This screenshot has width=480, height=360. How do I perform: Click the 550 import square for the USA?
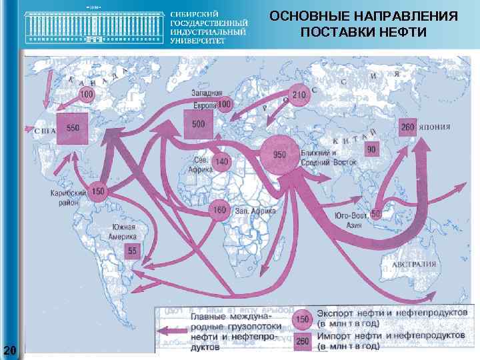click(x=72, y=128)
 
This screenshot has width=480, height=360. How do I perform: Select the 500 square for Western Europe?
click(x=199, y=124)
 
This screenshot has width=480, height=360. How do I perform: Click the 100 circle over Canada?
click(x=86, y=95)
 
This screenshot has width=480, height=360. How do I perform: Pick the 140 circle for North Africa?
click(x=222, y=162)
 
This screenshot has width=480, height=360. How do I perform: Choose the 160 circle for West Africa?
click(x=219, y=210)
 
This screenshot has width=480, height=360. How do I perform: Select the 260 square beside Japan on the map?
click(x=408, y=127)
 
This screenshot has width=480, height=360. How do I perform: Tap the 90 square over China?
click(x=371, y=149)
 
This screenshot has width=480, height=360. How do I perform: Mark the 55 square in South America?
click(x=132, y=251)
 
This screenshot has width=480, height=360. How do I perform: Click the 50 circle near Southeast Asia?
click(x=375, y=214)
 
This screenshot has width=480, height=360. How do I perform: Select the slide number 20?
click(x=9, y=349)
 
